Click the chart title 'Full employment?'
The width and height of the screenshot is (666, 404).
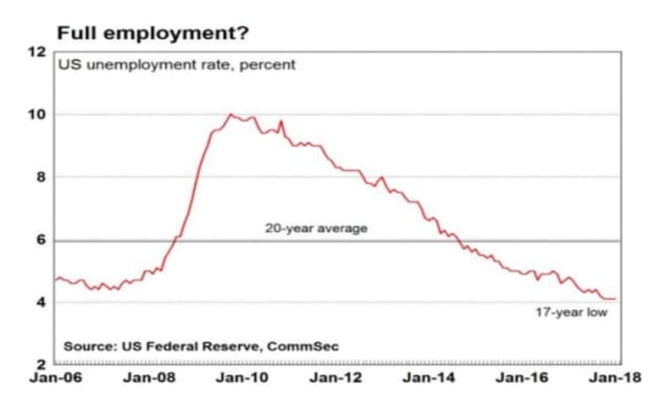(x=153, y=33)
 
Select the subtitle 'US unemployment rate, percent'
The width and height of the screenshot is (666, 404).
(x=177, y=65)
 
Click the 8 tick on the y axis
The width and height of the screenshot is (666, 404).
(x=40, y=177)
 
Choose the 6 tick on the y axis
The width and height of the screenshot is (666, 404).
(x=40, y=240)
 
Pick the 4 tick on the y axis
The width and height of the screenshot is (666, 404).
(x=40, y=302)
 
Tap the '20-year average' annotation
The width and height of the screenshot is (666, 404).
(x=316, y=228)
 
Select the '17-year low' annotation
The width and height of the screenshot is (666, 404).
(x=571, y=313)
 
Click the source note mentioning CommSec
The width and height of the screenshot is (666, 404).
(x=201, y=346)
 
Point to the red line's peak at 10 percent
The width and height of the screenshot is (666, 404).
(x=230, y=114)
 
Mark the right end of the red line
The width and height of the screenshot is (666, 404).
(x=615, y=299)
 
